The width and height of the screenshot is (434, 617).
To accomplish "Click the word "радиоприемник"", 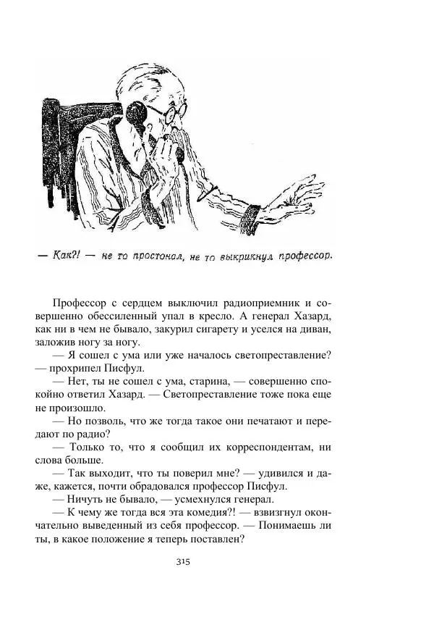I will [262, 301].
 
